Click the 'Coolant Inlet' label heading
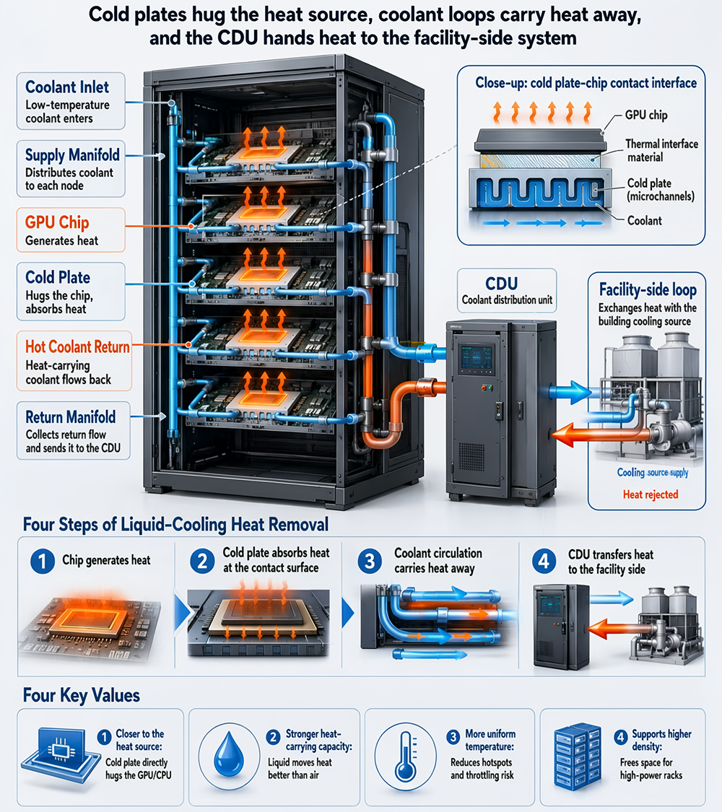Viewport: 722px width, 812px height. point(67,87)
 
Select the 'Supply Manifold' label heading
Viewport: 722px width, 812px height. point(72,155)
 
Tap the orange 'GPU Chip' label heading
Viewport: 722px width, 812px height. point(57,223)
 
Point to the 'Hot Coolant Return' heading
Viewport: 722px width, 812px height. point(77,346)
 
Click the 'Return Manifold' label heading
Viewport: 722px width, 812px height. point(71,417)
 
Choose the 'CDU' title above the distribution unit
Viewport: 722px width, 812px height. point(501,283)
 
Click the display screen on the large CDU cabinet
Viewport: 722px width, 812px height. point(477,357)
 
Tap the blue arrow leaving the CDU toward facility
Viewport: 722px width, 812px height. point(569,391)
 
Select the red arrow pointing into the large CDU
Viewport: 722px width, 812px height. point(575,434)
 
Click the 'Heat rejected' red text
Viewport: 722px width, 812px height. point(651,494)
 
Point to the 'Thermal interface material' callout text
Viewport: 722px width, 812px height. point(661,150)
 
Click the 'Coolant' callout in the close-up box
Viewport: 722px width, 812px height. point(644,221)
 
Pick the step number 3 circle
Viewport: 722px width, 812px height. point(370,562)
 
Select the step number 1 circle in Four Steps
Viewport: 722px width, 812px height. point(43,562)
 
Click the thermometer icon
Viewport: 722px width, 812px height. point(406,756)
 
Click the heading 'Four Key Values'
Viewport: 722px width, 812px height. point(82,695)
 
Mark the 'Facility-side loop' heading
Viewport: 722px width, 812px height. point(648,289)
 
